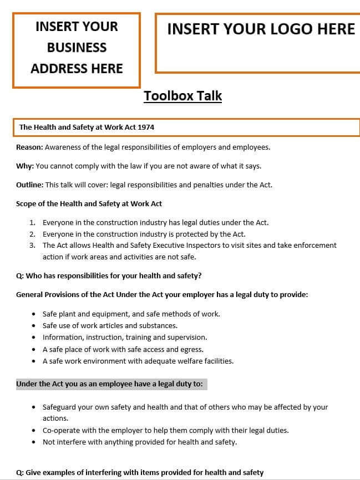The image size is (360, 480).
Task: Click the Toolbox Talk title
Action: pyautogui.click(x=182, y=96)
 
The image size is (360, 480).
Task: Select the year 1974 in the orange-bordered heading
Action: pyautogui.click(x=145, y=127)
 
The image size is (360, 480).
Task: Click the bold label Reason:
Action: pyautogui.click(x=29, y=147)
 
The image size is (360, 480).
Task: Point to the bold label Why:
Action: pyautogui.click(x=25, y=166)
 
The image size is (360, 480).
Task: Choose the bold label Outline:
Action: pyautogui.click(x=29, y=185)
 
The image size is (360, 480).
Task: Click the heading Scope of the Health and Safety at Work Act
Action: pyautogui.click(x=89, y=203)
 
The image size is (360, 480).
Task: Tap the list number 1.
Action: pyautogui.click(x=32, y=222)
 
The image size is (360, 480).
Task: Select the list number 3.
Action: pyautogui.click(x=32, y=245)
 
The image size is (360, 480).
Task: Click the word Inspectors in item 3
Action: pyautogui.click(x=199, y=245)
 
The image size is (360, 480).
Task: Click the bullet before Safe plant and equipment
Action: pyautogui.click(x=34, y=314)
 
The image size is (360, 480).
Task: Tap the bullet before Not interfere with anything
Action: pyautogui.click(x=34, y=442)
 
